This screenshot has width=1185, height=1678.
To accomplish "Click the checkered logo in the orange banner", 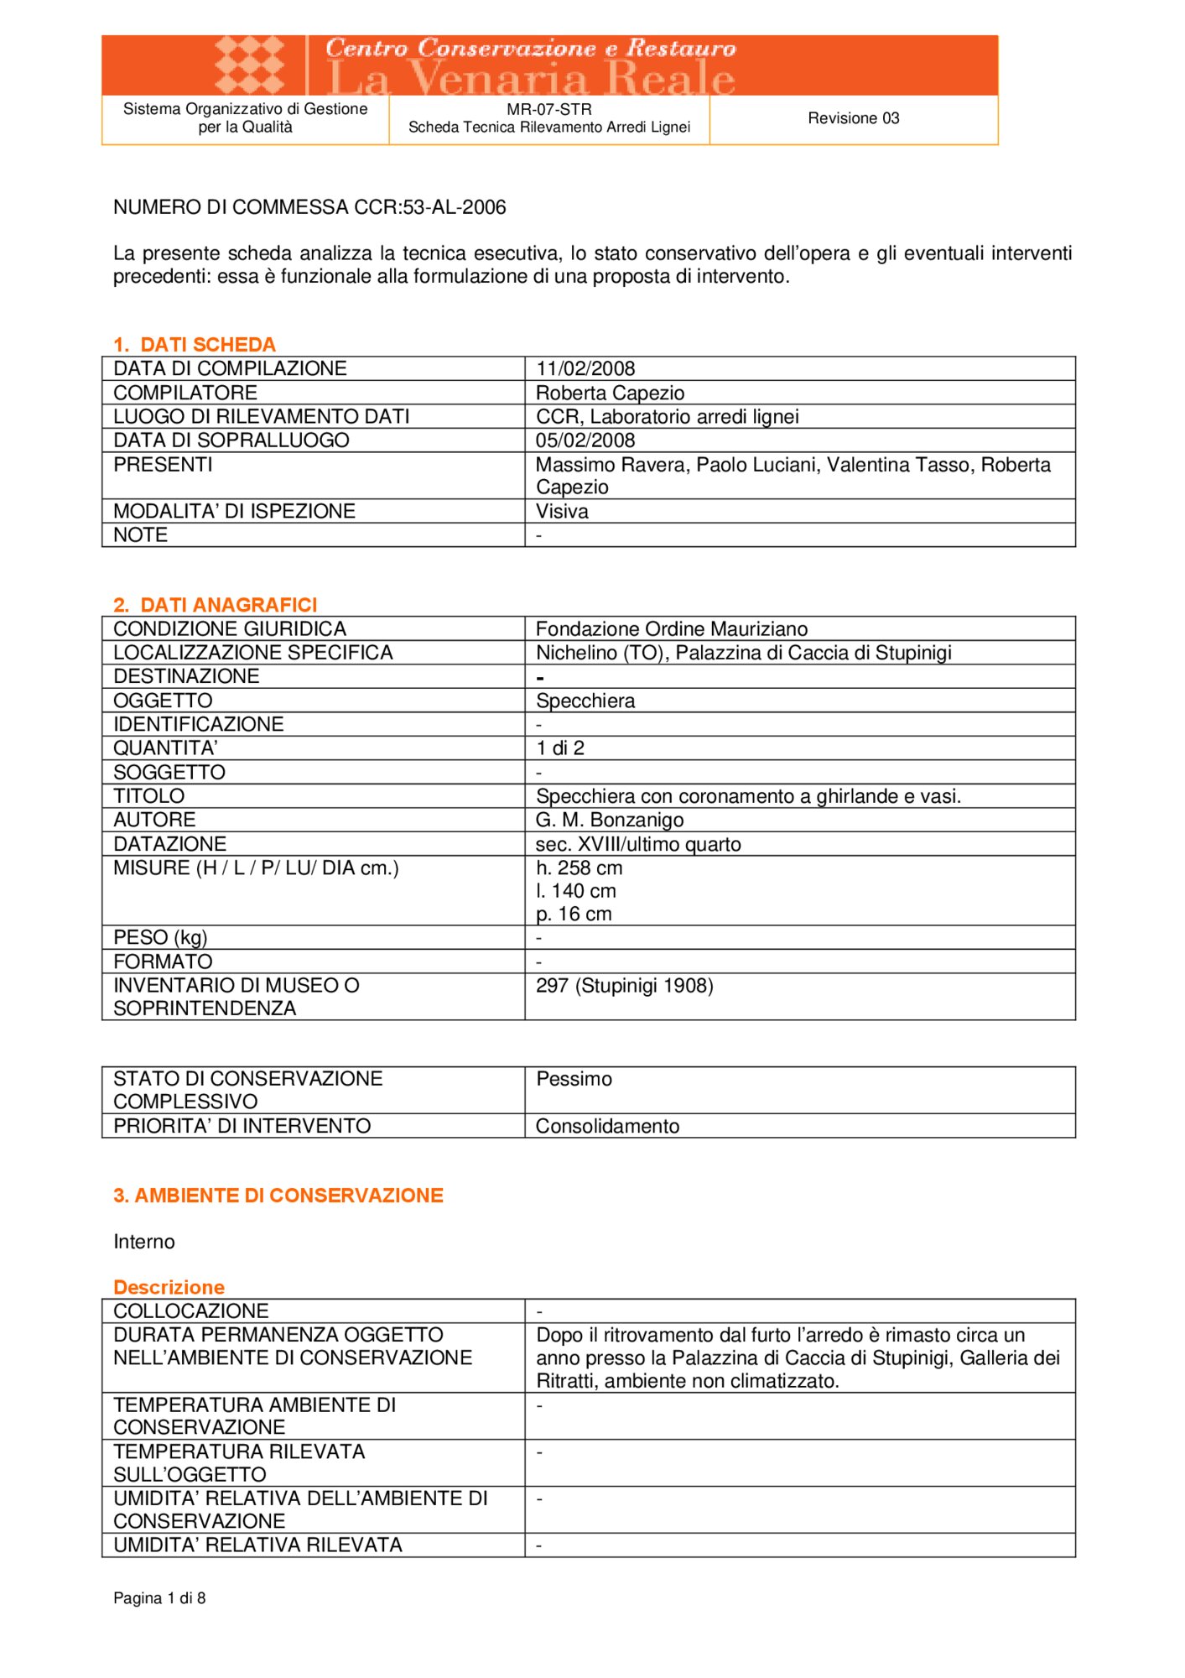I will coord(249,65).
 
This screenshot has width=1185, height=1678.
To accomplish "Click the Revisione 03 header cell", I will coord(853,118).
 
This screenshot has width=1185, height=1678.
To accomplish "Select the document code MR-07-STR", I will coord(549,109).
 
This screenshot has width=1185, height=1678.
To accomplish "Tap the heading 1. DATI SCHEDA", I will coord(195,344).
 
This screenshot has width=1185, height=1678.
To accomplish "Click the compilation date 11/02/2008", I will coord(585,368).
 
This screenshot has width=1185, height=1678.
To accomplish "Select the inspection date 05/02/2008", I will coord(585,440).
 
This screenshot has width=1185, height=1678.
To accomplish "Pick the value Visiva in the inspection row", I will coord(562,511).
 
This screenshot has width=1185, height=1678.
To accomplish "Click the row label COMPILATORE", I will coord(185,393).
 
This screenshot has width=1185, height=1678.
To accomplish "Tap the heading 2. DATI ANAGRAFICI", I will coord(216,604).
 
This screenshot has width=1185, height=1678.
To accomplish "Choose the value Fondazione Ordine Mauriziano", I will coord(672,628).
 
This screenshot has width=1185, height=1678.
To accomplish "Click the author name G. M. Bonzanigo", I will coord(610,820).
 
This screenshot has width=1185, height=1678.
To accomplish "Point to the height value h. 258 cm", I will coord(580,868).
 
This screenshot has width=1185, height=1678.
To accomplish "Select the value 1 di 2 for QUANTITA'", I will coord(560,748).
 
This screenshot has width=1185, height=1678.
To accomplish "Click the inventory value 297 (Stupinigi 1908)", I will coord(625,985).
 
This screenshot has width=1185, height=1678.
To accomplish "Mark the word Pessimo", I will coord(574,1078).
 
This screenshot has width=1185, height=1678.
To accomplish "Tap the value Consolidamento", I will coord(608,1126).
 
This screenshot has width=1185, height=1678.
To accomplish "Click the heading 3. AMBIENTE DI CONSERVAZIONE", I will coord(278,1195).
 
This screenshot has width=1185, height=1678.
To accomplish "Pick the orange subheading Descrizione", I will coord(169,1287).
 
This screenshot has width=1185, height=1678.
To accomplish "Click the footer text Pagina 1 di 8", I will coord(159,1597).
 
